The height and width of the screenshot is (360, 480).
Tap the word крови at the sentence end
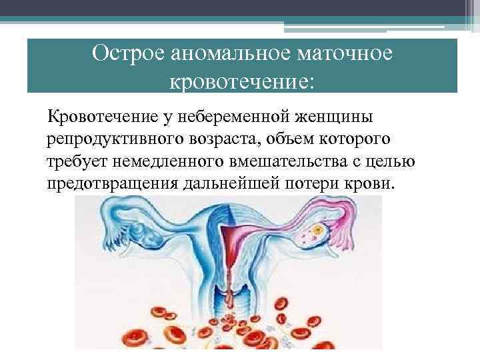tap(374, 183)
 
